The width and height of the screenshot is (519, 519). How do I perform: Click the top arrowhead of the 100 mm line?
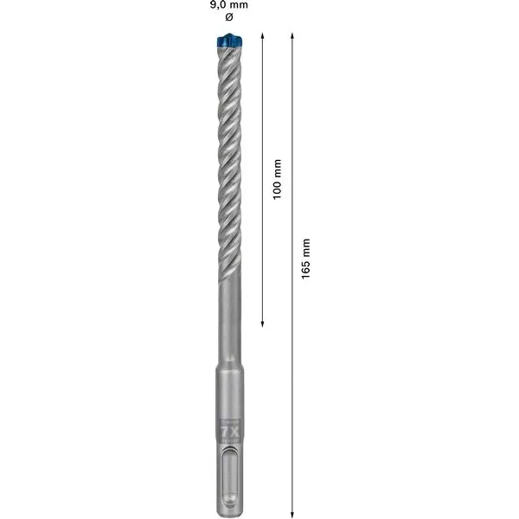(263, 39)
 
